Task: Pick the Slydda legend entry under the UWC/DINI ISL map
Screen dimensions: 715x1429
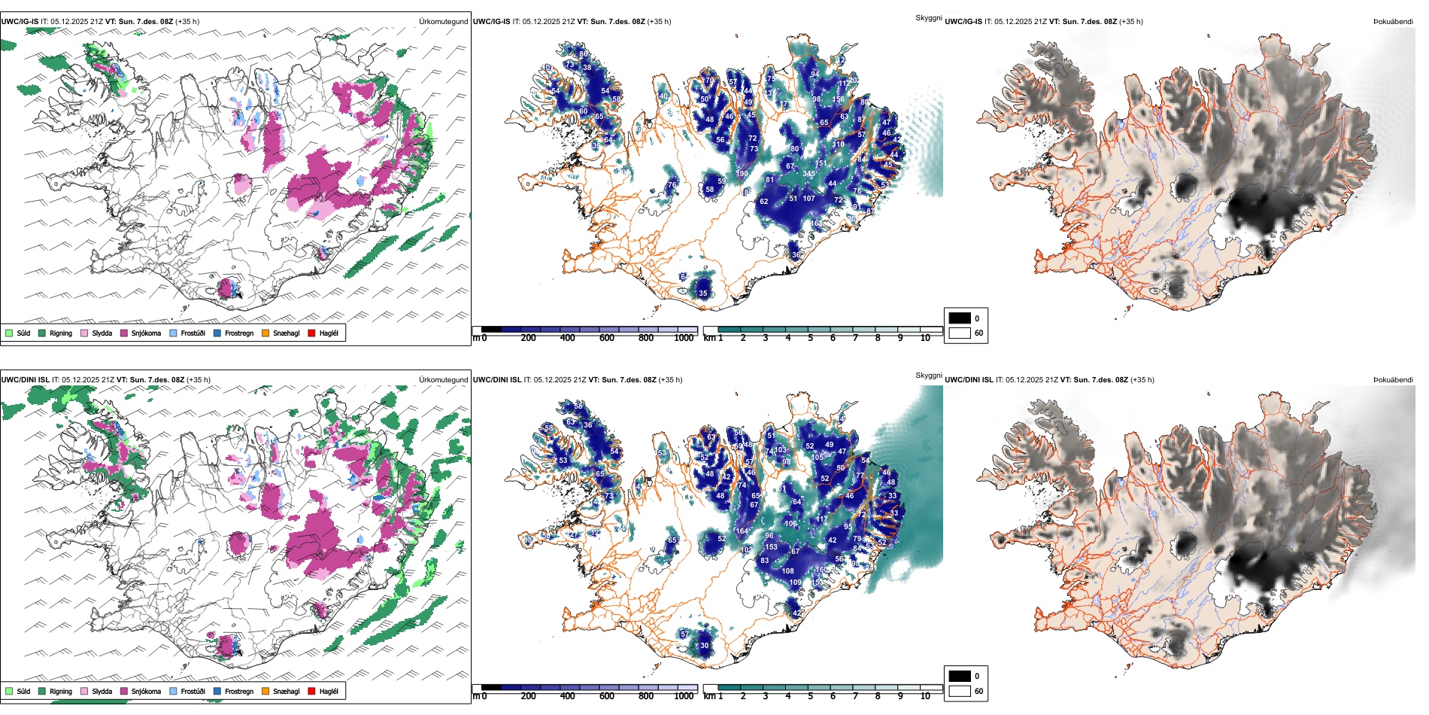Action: click(x=102, y=691)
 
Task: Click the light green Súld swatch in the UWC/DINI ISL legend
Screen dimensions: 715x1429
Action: click(x=9, y=691)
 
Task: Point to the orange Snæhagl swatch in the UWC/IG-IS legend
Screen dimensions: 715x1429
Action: click(x=265, y=333)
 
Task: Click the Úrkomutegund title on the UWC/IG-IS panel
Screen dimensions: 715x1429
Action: click(x=443, y=22)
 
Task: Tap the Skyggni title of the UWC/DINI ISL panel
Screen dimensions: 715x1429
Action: click(x=928, y=375)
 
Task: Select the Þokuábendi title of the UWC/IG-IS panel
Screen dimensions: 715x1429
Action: click(x=1393, y=22)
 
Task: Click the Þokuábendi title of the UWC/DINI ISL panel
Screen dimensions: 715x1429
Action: click(x=1393, y=380)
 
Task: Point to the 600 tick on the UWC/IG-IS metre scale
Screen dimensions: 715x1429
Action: click(x=606, y=338)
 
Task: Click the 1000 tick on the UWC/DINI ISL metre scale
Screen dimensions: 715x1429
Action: click(x=684, y=696)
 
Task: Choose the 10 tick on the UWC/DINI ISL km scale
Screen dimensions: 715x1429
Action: click(x=925, y=696)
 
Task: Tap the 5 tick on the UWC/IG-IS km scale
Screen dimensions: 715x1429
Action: click(x=810, y=338)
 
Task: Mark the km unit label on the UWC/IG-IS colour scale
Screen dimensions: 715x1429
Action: click(x=709, y=338)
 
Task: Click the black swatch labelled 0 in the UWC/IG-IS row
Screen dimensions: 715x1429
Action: click(x=960, y=318)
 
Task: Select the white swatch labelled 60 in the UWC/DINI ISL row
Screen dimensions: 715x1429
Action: click(x=960, y=691)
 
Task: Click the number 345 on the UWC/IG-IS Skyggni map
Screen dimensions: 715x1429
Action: click(x=809, y=174)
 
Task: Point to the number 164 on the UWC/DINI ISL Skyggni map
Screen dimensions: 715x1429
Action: click(x=742, y=531)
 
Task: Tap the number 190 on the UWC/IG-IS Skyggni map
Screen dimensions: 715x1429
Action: click(x=742, y=174)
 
